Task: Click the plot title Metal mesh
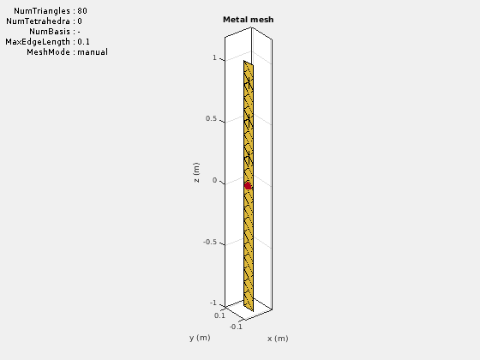coord(249,20)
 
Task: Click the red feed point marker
coord(248,186)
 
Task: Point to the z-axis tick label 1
coord(214,57)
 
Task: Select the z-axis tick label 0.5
coord(211,118)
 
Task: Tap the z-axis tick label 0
coord(214,180)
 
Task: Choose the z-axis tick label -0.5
coord(210,242)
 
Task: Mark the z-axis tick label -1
coord(213,303)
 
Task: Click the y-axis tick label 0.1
coord(219,315)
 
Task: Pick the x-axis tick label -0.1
coord(236,327)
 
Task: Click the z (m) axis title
coord(196,172)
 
